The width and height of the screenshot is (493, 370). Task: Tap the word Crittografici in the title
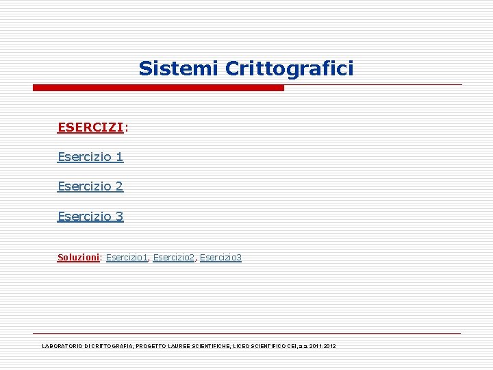pos(290,69)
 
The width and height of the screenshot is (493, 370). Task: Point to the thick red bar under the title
pos(158,88)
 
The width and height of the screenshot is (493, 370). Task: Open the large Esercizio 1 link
pos(90,157)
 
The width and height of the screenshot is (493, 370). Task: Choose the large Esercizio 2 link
pos(90,186)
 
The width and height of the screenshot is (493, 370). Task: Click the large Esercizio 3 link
pos(90,217)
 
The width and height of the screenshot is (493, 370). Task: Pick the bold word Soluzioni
pos(79,258)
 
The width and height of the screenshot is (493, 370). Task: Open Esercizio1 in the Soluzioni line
pos(127,258)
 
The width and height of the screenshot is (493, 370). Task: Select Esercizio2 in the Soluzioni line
pos(174,258)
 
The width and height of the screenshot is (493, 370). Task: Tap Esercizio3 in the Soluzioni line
pos(220,258)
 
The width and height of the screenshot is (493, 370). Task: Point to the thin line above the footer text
pos(246,333)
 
